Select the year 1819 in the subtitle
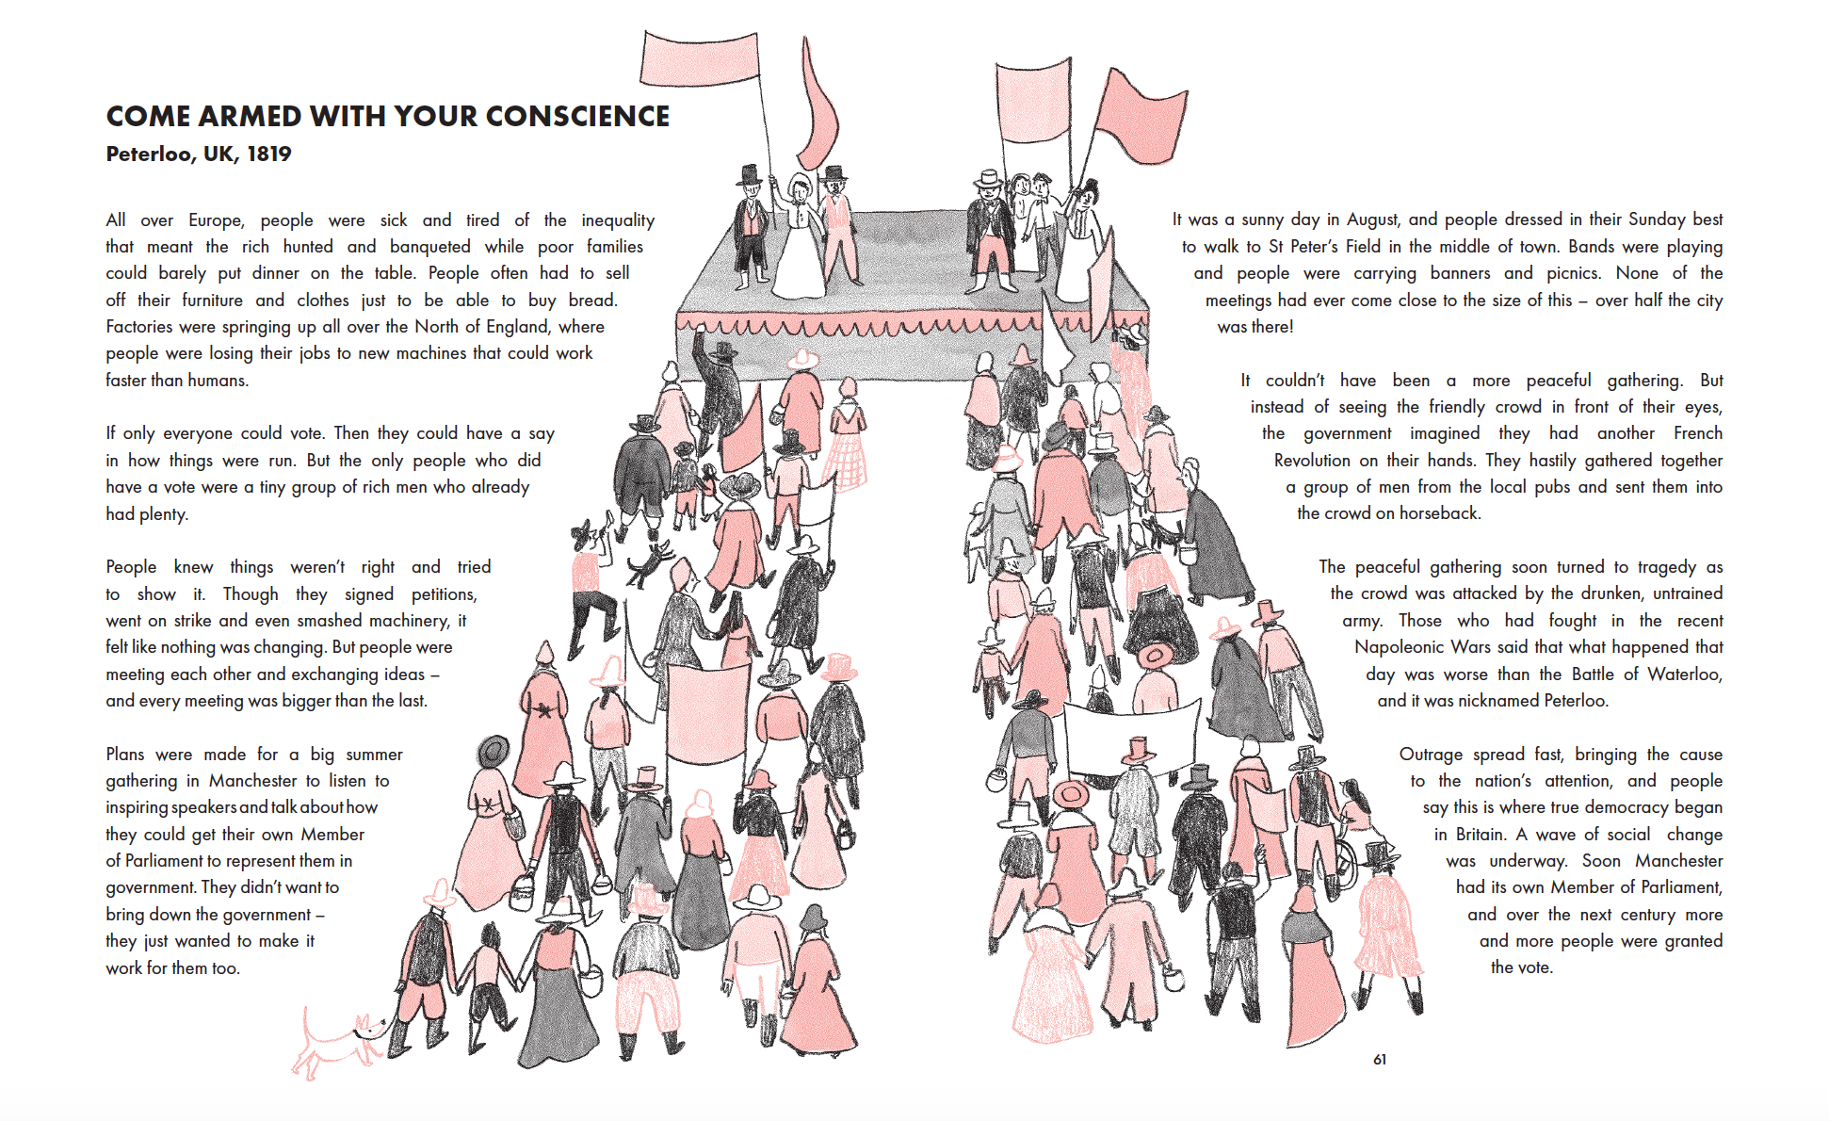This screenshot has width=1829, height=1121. (x=268, y=154)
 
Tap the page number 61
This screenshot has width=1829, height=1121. (x=1379, y=1060)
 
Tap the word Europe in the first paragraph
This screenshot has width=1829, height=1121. (x=216, y=220)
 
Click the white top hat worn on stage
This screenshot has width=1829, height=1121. (x=988, y=178)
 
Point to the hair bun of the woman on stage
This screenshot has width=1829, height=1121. (x=1091, y=185)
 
